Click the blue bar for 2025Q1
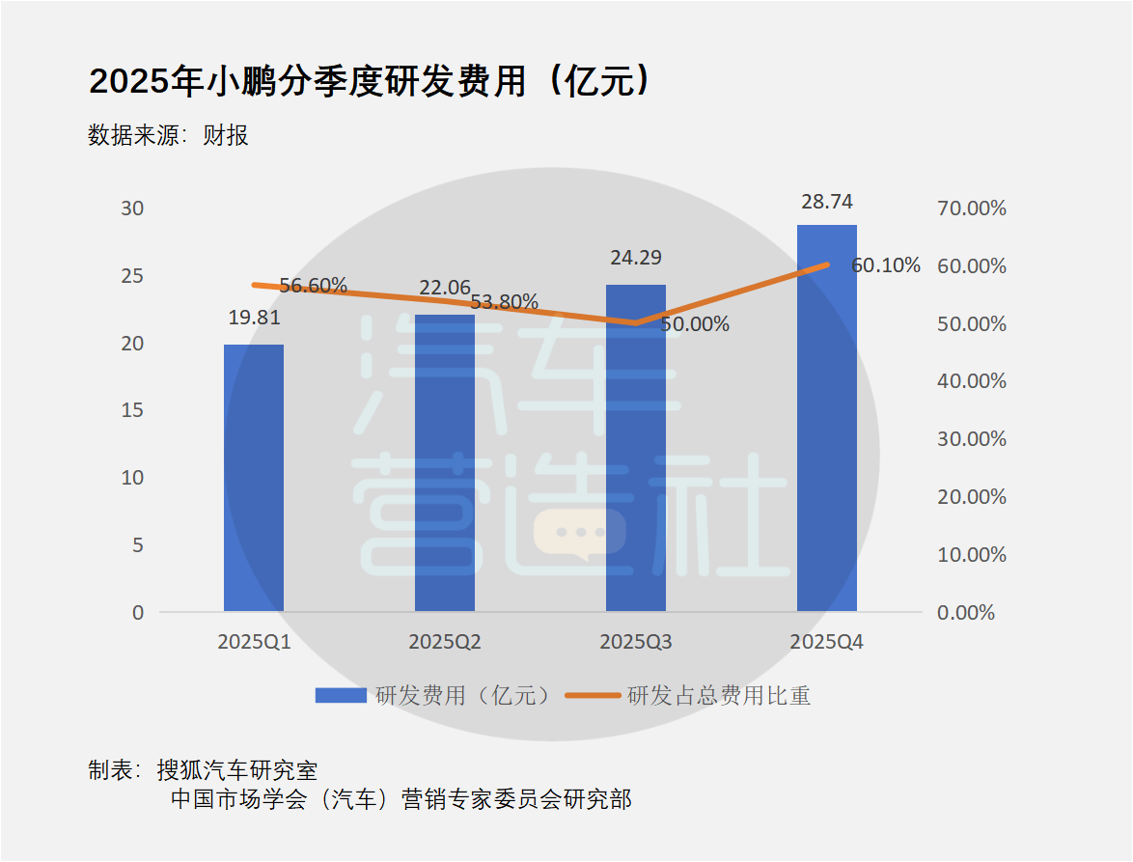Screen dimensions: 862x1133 click(x=254, y=478)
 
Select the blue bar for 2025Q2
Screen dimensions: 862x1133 click(x=445, y=463)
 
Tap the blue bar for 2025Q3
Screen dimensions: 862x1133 click(x=636, y=448)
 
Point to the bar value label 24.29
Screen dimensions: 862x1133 click(x=636, y=258)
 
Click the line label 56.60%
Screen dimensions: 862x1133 click(x=313, y=286)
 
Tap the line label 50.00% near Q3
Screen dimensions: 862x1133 click(x=695, y=324)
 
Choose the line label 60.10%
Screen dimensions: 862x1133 click(x=885, y=265)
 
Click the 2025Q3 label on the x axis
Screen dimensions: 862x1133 click(x=636, y=642)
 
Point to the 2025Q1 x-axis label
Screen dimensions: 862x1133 click(x=254, y=642)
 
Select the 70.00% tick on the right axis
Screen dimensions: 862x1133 click(x=972, y=209)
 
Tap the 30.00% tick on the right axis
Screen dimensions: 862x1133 click(x=972, y=439)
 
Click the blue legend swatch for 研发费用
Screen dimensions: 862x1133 click(x=341, y=695)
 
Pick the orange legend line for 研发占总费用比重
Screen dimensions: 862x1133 click(x=592, y=695)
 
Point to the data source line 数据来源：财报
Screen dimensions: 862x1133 click(x=169, y=135)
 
